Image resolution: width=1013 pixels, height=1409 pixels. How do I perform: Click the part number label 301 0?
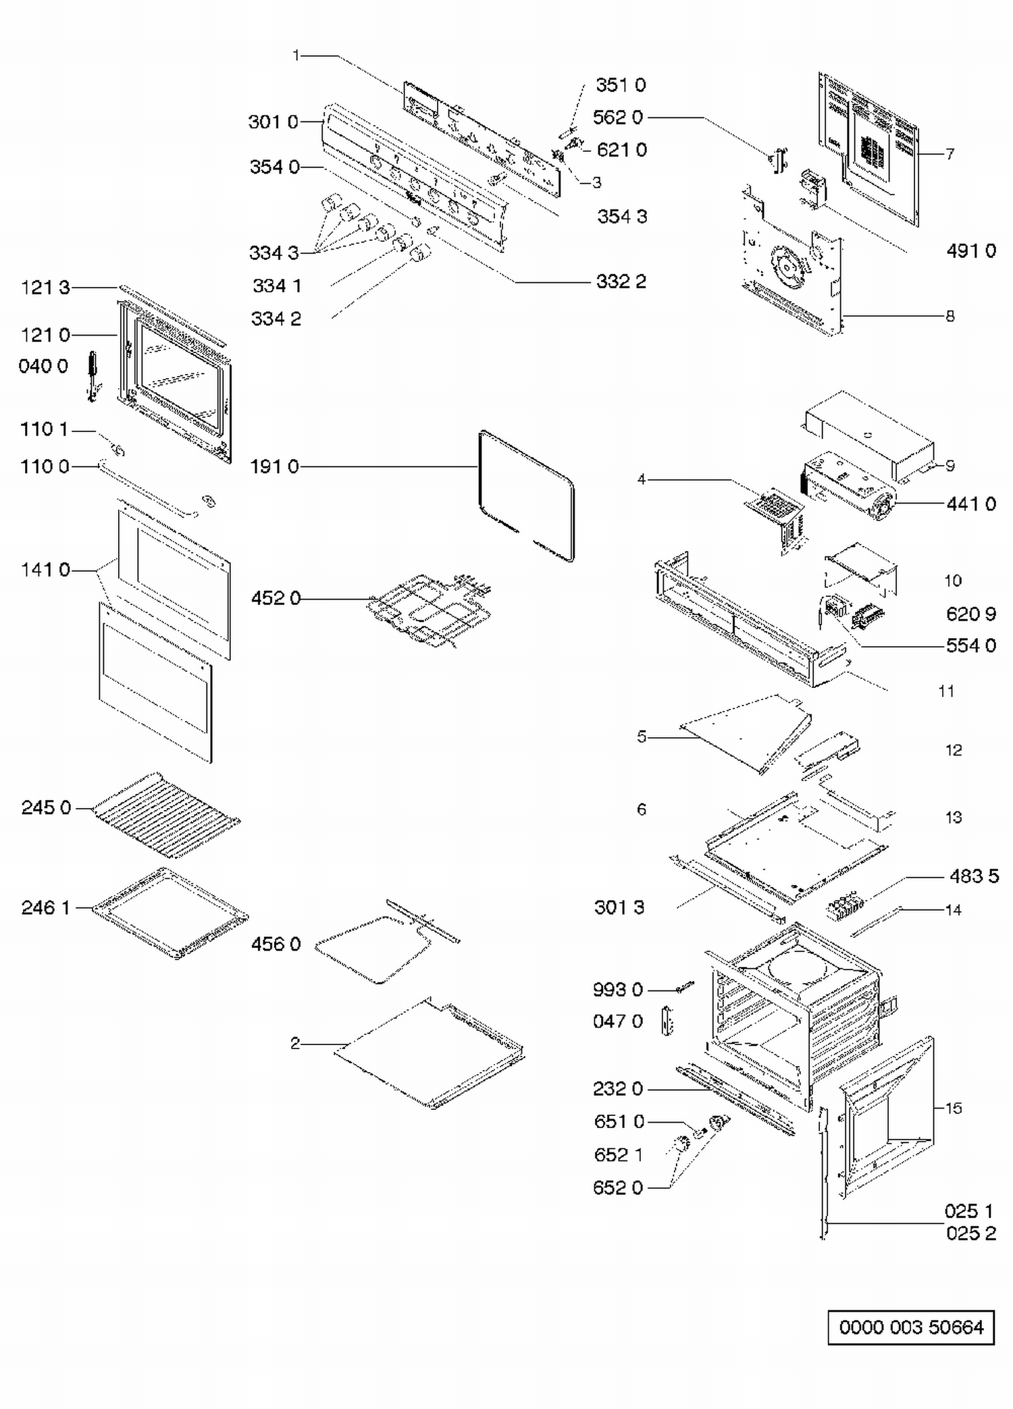[273, 122]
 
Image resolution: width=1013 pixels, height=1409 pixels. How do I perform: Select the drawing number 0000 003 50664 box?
[910, 1327]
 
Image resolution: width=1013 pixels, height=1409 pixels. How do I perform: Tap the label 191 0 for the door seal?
[274, 467]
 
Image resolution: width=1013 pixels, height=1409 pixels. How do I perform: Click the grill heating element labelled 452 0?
[430, 608]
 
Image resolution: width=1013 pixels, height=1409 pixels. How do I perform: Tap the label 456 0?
[276, 944]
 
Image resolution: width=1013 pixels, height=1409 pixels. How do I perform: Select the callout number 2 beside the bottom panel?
[295, 1043]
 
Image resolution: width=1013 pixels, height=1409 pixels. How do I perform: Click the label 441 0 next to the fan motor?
[970, 504]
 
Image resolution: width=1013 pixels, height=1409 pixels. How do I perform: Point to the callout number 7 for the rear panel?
[950, 154]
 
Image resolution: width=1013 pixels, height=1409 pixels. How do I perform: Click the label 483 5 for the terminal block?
[973, 876]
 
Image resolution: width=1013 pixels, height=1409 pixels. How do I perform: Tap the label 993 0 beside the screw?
[617, 990]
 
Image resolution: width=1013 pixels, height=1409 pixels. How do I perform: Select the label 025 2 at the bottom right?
[970, 1233]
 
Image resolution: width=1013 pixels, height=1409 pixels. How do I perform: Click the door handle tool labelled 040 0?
[93, 375]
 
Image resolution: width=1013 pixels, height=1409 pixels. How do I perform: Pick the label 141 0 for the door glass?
[45, 570]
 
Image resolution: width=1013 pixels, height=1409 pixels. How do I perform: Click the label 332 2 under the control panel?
[621, 282]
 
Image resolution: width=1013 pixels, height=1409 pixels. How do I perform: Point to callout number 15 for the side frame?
[953, 1108]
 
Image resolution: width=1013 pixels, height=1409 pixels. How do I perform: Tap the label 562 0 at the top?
[617, 117]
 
